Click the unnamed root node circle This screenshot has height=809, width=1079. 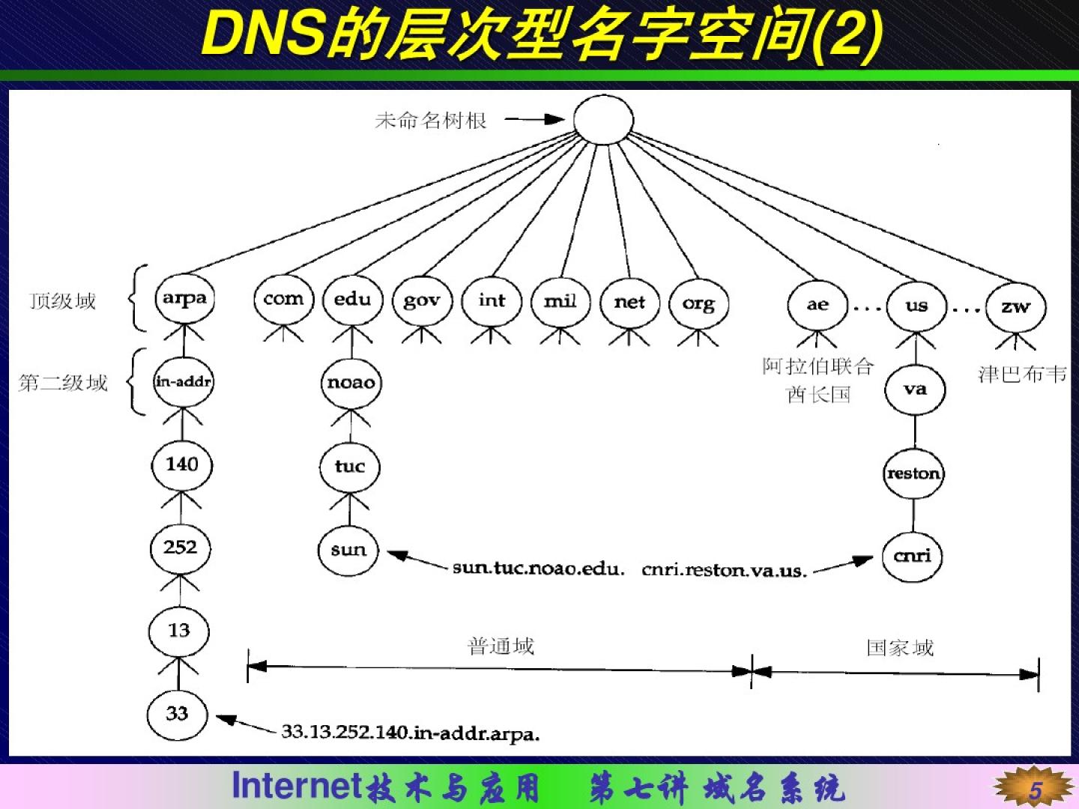click(x=603, y=120)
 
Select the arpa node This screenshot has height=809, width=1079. click(x=184, y=298)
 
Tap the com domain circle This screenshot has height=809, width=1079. click(x=283, y=300)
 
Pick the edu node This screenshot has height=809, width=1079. click(x=352, y=300)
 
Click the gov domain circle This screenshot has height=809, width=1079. click(x=421, y=301)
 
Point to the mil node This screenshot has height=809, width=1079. click(x=560, y=301)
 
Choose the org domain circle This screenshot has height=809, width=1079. click(x=698, y=303)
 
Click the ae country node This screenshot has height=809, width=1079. click(x=817, y=305)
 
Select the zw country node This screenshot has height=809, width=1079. click(x=1015, y=306)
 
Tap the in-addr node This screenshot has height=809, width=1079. click(x=184, y=382)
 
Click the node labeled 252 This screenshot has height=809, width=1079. click(x=181, y=548)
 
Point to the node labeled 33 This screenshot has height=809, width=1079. click(x=177, y=713)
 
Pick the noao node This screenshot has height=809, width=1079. click(x=351, y=383)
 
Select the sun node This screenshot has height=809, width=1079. click(x=348, y=550)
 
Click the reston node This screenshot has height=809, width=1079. click(x=913, y=473)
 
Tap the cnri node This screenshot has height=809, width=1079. click(x=912, y=556)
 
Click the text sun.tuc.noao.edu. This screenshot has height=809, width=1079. click(x=538, y=569)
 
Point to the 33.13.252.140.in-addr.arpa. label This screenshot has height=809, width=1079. click(x=411, y=732)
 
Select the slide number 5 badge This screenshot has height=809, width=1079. click(x=1035, y=790)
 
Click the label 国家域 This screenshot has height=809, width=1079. click(x=900, y=647)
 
